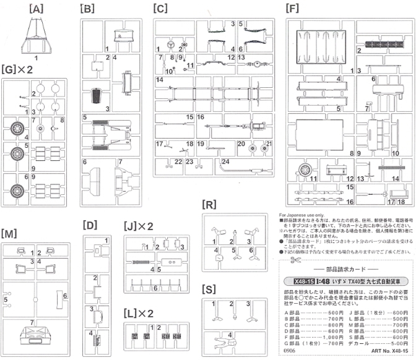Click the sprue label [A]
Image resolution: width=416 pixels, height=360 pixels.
coord(36,8)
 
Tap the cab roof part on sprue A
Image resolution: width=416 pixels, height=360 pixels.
coord(36,36)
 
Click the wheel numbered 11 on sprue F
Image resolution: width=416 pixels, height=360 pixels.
coord(303,169)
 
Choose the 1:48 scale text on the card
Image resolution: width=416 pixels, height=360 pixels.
coord(327,280)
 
